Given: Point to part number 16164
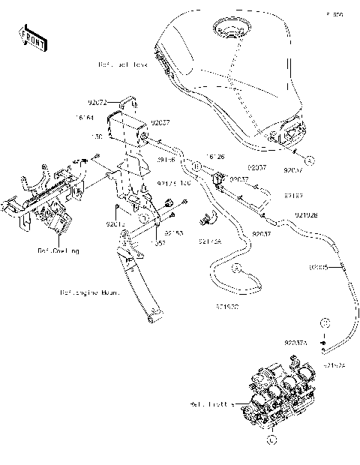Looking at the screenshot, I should click(84, 117).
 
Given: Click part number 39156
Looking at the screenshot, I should click(166, 160).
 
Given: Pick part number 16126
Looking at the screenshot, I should click(216, 157).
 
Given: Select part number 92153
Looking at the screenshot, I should click(174, 233).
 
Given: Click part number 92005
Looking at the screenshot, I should click(319, 266).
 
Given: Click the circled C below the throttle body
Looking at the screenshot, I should click(271, 439).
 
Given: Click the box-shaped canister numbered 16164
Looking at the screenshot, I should click(127, 129).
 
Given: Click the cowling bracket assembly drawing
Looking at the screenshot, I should click(45, 202).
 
